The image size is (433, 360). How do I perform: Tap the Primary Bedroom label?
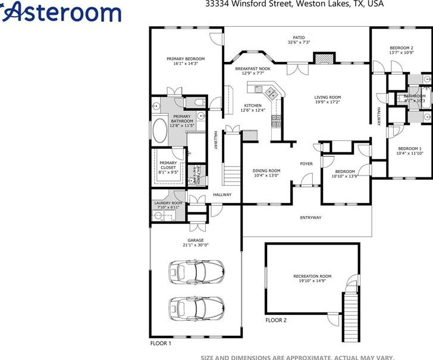coord(186,59)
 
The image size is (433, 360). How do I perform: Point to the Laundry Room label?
coord(168,203)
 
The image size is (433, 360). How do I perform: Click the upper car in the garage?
coord(196,271)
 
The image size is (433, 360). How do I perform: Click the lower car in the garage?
coord(196,307)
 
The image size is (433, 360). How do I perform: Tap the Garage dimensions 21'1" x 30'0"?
coord(196,245)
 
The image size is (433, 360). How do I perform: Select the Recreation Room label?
coord(312,276)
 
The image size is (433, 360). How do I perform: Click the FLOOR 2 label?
coord(276,321)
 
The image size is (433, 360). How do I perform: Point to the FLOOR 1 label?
coord(160,343)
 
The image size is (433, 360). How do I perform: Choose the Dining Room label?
coord(266,171)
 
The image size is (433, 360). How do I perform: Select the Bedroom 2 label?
coord(401,48)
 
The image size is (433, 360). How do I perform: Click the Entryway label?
coord(310,218)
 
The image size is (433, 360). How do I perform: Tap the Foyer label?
coord(306,164)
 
